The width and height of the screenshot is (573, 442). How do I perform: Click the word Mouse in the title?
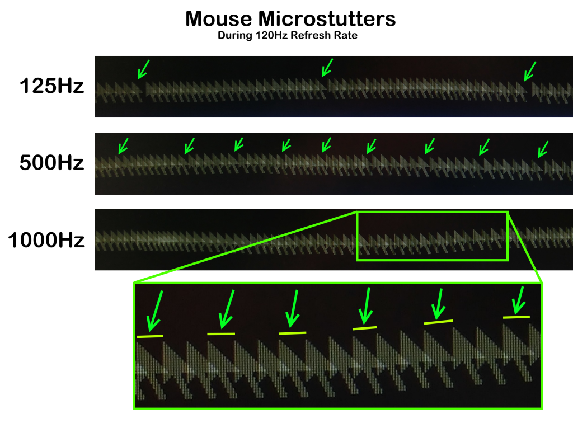tap(218, 20)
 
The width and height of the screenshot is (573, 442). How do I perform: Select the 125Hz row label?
tap(51, 87)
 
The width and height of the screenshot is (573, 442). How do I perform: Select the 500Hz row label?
tap(51, 163)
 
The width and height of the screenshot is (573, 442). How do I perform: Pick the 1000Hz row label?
tap(46, 241)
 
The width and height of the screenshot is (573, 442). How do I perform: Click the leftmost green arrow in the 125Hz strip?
tap(143, 69)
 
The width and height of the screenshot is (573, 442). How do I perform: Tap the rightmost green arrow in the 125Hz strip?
tap(529, 70)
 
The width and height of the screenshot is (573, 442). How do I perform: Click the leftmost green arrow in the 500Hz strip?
tap(123, 145)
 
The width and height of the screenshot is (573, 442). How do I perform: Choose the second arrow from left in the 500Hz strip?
tap(189, 145)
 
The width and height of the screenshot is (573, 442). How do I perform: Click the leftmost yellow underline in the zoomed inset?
tap(150, 336)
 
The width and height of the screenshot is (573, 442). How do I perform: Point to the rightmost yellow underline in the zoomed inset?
tap(516, 317)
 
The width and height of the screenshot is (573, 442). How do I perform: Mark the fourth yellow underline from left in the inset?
tap(365, 327)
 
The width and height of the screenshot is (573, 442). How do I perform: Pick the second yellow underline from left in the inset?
tap(221, 334)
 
